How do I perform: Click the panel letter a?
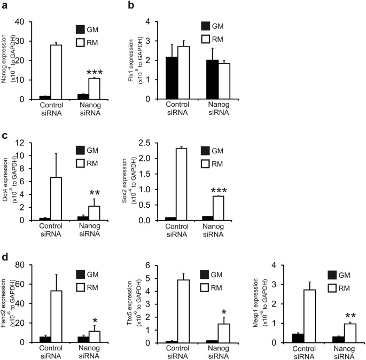(x=5, y=6)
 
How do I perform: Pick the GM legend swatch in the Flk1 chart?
(x=206, y=26)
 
